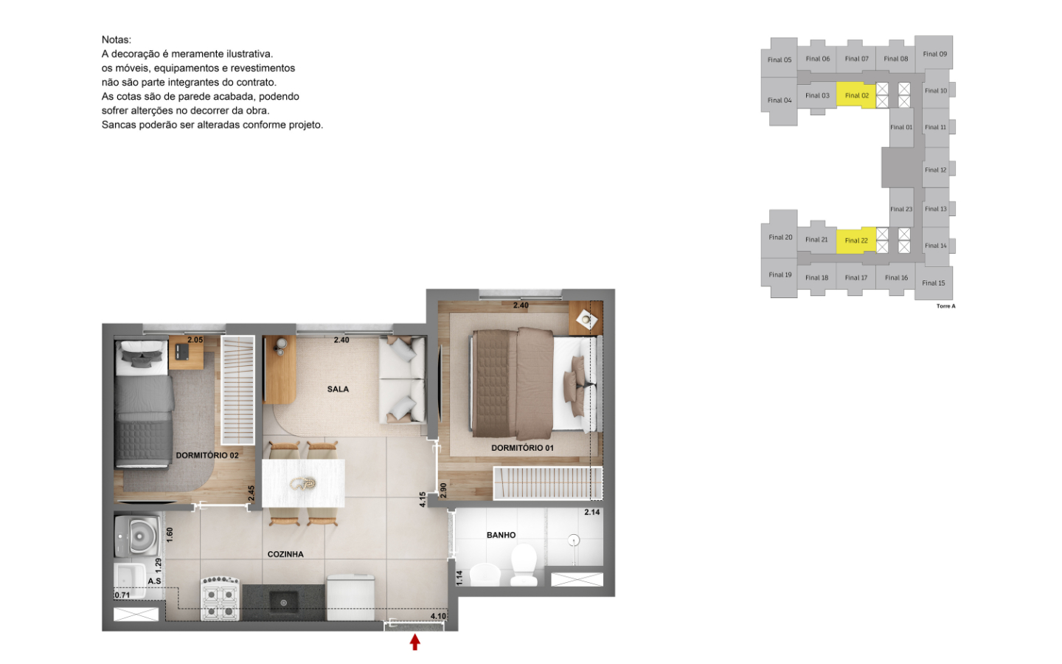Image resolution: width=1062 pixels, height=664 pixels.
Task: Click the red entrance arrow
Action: tap(414, 642)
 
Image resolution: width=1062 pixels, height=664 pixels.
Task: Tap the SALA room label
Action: tap(338, 390)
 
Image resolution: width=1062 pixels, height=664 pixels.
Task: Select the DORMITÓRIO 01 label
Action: tap(522, 448)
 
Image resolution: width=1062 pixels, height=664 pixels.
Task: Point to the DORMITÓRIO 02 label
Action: tap(207, 455)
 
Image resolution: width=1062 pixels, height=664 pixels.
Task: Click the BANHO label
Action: tap(501, 535)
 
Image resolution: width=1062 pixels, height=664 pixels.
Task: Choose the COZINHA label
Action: tap(285, 554)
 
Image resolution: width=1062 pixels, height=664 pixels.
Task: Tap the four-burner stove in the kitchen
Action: tap(220, 599)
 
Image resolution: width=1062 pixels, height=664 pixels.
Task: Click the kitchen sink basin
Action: tap(283, 602)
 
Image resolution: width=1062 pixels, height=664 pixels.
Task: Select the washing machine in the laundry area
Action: tap(137, 536)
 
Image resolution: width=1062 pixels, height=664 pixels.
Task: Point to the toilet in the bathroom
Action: tap(524, 564)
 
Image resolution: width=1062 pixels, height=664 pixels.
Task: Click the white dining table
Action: tap(303, 483)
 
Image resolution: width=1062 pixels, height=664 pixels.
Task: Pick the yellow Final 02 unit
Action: tap(855, 95)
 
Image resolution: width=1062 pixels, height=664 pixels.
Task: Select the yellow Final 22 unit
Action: tap(855, 241)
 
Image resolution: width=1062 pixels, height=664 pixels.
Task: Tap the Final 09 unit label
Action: tap(934, 54)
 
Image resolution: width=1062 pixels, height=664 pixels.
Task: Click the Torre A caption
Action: tap(945, 306)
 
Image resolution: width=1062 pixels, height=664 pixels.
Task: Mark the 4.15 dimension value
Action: tap(423, 499)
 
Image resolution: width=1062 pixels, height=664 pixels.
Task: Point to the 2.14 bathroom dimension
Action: tap(592, 512)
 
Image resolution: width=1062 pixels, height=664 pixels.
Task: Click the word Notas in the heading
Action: tap(117, 40)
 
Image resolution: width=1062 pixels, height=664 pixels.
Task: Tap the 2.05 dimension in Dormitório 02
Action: tap(195, 339)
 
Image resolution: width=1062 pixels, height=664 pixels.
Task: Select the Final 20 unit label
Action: tap(780, 237)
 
